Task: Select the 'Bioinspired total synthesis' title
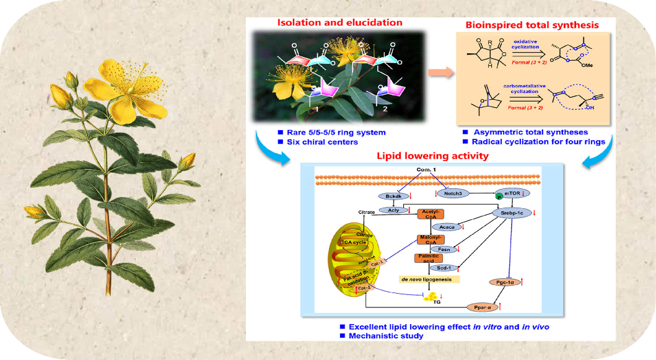pos(532,25)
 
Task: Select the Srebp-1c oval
pos(512,213)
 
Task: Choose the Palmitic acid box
pos(429,258)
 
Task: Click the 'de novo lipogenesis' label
pos(429,279)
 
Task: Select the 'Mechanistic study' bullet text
pos(386,336)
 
